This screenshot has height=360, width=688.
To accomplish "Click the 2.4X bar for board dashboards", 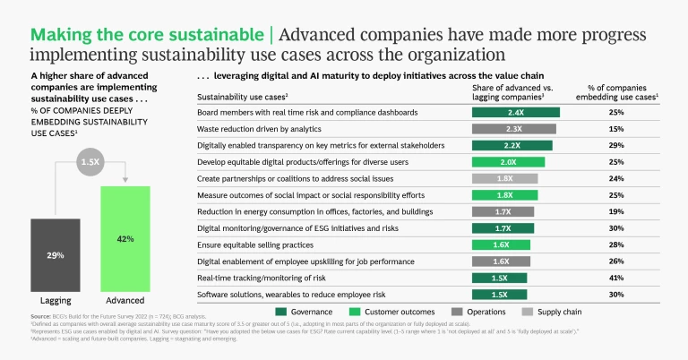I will [x=515, y=113].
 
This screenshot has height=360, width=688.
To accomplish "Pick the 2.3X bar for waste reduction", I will [x=513, y=129].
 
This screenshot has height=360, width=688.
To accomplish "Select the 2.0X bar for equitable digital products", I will [x=509, y=161].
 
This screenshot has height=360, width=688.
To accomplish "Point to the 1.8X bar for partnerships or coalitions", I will [x=505, y=178].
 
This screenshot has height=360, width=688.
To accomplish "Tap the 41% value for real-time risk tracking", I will [x=616, y=277].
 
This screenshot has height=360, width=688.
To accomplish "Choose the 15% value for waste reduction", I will [x=616, y=129].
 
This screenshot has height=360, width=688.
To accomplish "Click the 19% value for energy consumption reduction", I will [x=616, y=210].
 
